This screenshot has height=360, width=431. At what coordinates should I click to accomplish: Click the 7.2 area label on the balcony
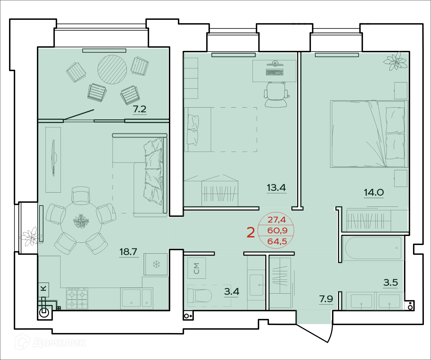click(140, 109)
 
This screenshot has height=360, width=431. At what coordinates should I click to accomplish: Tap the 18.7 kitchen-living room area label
click(128, 252)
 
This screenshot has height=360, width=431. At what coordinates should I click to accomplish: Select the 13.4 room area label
click(276, 188)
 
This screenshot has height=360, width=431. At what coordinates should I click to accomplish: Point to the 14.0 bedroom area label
click(374, 192)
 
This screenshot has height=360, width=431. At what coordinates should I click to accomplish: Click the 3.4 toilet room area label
click(232, 291)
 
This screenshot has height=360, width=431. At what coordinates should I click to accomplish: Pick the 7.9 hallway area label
click(326, 299)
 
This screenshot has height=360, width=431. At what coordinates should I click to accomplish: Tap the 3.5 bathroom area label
click(391, 282)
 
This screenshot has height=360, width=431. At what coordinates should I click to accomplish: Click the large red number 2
click(251, 233)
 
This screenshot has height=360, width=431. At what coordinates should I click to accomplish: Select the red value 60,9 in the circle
click(277, 230)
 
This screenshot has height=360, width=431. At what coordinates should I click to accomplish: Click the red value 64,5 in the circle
click(277, 241)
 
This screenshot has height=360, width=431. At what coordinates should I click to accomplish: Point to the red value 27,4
click(277, 220)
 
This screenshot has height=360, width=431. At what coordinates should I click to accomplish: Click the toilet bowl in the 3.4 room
click(200, 296)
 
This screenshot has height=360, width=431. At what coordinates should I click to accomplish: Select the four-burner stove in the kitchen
click(77, 299)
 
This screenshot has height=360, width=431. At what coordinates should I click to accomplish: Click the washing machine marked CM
click(197, 268)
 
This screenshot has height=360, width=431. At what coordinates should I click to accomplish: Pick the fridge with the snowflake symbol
click(156, 264)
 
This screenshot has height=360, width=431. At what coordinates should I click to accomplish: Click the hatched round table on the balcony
click(112, 69)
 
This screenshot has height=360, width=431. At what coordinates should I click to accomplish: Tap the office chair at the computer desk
click(276, 95)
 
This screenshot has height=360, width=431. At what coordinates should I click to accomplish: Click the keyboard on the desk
click(274, 72)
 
